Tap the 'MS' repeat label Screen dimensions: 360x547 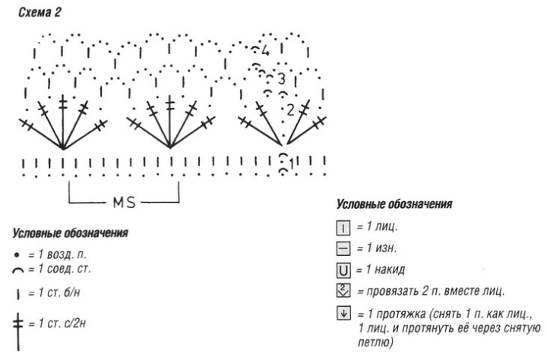pyautogui.click(x=125, y=204)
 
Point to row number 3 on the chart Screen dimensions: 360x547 pyautogui.click(x=280, y=78)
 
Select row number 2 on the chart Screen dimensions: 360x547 pyautogui.click(x=289, y=109)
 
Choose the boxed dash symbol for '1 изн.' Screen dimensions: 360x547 pyautogui.click(x=341, y=248)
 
